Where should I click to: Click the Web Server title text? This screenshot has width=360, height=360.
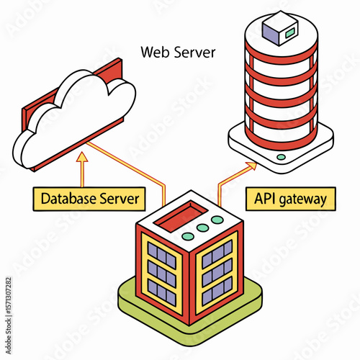click(x=178, y=52)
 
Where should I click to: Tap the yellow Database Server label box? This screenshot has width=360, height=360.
click(x=89, y=199)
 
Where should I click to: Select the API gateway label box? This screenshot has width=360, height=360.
click(x=291, y=199)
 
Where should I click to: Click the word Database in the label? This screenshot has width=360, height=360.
click(x=68, y=199)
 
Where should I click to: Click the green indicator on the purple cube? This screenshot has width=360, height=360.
click(x=290, y=32)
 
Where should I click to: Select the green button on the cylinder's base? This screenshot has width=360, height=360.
click(x=281, y=157)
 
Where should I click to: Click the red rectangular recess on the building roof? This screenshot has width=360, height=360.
click(x=181, y=215)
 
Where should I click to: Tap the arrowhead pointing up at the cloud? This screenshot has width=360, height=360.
click(x=82, y=157)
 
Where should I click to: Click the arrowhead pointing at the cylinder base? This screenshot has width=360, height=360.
click(x=251, y=166)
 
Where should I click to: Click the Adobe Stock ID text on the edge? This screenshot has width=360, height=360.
click(x=9, y=315)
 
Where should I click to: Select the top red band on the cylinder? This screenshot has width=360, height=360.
click(x=282, y=55)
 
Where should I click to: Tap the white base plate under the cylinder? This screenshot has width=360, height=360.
click(x=281, y=153)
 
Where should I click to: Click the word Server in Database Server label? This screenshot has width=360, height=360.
click(x=120, y=199)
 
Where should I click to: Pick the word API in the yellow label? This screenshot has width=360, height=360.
click(x=265, y=198)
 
